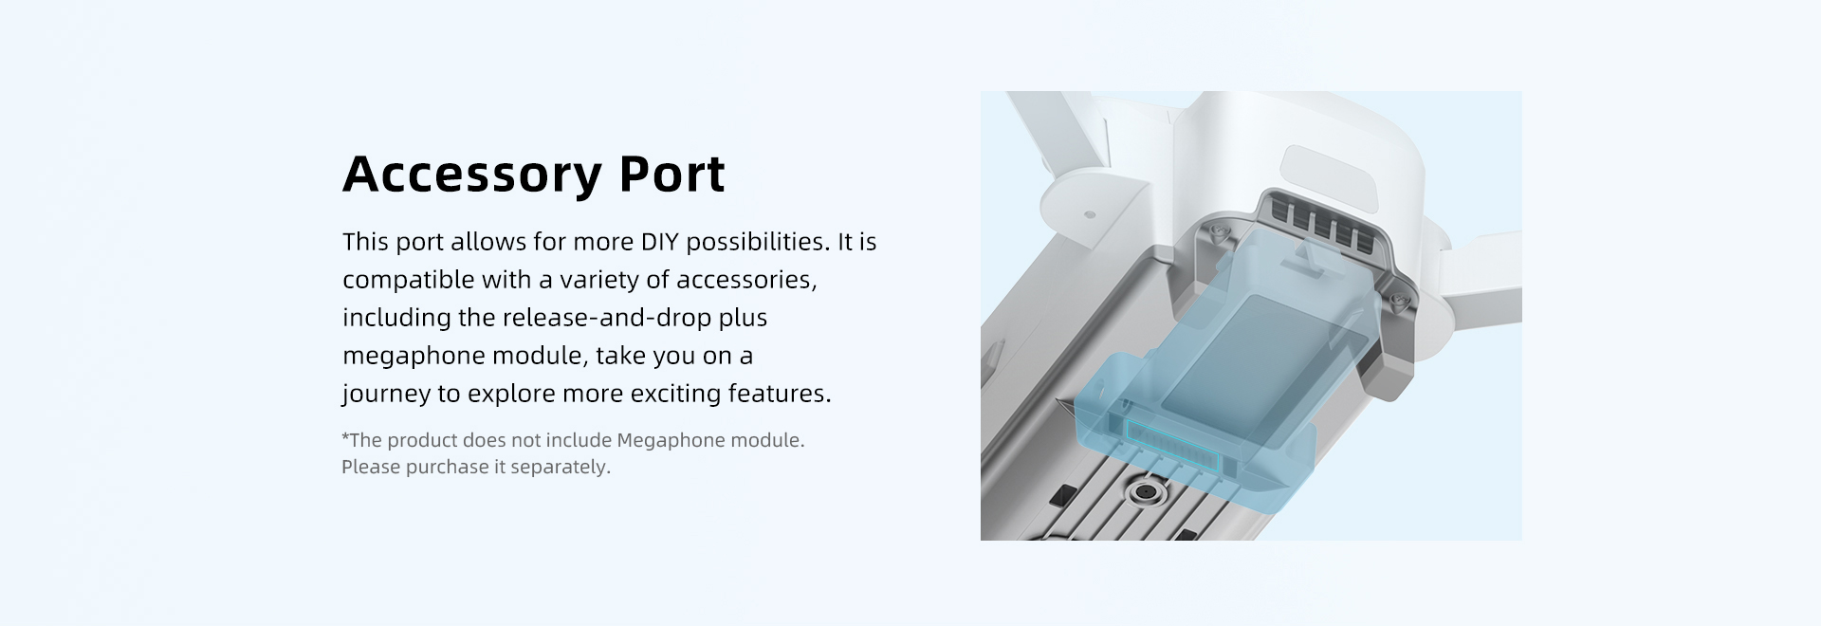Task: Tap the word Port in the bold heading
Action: coord(672,174)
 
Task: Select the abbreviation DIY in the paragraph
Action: coord(659,242)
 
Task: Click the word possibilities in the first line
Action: coord(758,243)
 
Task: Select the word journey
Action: coord(386,395)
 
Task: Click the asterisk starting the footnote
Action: coord(345,437)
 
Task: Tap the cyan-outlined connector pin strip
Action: coord(1170,441)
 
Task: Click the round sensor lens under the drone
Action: coord(1149,493)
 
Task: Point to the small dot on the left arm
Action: coord(1089,215)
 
